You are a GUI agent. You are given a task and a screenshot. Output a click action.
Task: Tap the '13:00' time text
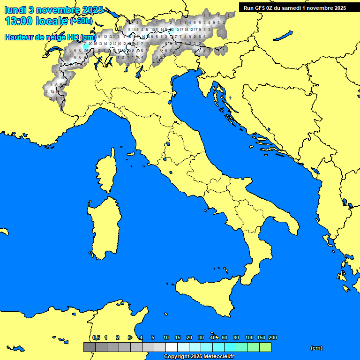point(19,22)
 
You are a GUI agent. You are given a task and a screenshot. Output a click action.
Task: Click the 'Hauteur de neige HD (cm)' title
point(50,37)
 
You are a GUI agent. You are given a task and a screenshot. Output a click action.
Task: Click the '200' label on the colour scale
point(272,337)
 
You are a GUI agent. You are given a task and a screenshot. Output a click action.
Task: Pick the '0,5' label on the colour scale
point(96,337)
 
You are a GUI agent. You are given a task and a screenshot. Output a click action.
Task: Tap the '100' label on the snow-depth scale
point(249,337)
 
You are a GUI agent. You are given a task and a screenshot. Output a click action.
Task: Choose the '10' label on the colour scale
point(166,337)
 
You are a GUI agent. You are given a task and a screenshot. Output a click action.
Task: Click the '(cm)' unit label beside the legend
point(316,348)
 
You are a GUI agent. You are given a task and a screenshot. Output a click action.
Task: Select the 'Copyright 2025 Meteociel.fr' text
point(199,357)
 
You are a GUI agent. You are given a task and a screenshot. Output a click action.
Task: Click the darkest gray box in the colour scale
point(89,347)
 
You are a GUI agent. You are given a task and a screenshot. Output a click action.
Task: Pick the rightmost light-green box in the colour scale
point(265,347)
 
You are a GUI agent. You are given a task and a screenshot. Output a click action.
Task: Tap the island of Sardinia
point(104,227)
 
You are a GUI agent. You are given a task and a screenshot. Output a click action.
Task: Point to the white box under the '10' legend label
point(172,347)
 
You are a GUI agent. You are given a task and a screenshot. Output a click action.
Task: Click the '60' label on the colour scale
point(225,337)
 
